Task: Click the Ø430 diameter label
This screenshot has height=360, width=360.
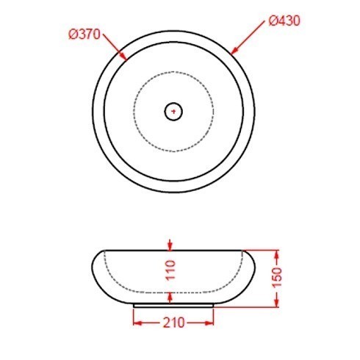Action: (283, 21)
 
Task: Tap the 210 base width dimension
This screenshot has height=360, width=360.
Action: (173, 323)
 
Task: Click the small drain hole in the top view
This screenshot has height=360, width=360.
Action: (173, 112)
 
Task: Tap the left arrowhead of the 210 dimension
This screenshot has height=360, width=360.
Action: (137, 322)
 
